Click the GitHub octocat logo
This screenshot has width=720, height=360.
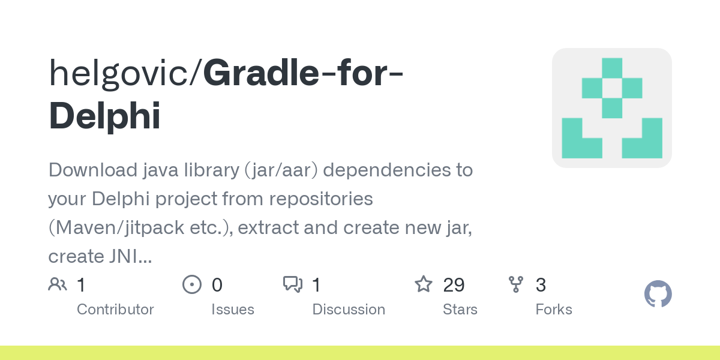pyautogui.click(x=658, y=294)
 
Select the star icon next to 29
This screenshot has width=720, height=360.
pyautogui.click(x=424, y=284)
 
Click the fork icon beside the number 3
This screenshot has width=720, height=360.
pyautogui.click(x=515, y=284)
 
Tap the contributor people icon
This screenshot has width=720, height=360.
pyautogui.click(x=58, y=284)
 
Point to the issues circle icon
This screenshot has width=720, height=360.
pyautogui.click(x=191, y=284)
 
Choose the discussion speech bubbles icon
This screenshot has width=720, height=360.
pyautogui.click(x=293, y=284)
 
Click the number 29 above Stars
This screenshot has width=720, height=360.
pyautogui.click(x=454, y=284)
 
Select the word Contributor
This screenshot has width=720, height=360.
pyautogui.click(x=115, y=310)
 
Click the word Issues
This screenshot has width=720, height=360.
pyautogui.click(x=233, y=310)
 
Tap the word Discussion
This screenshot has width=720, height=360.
pyautogui.click(x=349, y=310)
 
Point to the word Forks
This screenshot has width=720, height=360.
pyautogui.click(x=554, y=310)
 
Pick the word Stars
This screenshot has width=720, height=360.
pyautogui.click(x=460, y=310)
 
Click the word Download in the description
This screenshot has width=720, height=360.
pyautogui.click(x=93, y=170)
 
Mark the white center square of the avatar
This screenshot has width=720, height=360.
pyautogui.click(x=612, y=88)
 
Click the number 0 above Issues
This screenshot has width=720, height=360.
pyautogui.click(x=217, y=284)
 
